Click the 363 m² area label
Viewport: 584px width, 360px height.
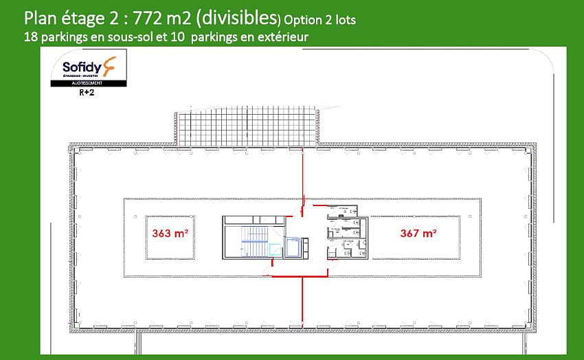(170, 234)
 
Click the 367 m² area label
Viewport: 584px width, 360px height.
(418, 234)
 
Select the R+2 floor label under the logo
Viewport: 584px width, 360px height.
(88, 97)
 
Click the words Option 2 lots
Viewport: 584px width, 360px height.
(319, 19)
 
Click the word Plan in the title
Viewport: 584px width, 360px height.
(40, 17)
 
